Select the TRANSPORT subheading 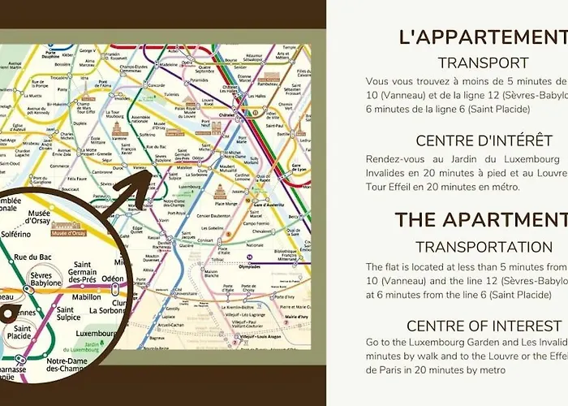point(483,63)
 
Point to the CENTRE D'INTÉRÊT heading point(484,140)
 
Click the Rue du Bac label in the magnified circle point(32,258)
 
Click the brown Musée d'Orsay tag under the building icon point(68,233)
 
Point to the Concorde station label point(157,84)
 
